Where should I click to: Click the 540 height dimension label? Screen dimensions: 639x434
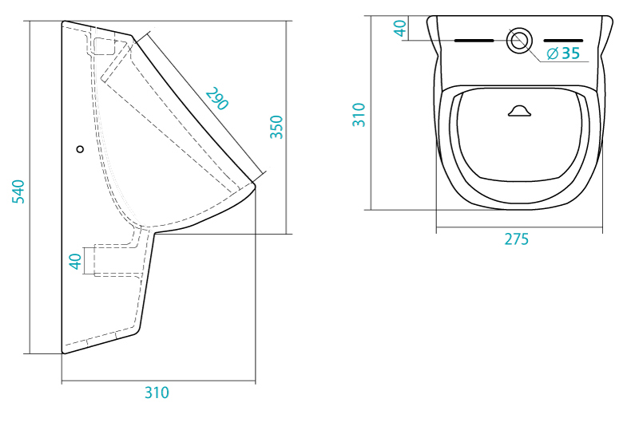(x=18, y=191)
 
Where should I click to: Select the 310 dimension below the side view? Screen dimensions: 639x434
(x=157, y=393)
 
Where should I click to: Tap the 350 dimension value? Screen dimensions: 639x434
(x=276, y=127)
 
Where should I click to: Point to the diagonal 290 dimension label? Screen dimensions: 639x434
(x=216, y=99)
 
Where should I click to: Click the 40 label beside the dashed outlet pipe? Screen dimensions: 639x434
(x=75, y=262)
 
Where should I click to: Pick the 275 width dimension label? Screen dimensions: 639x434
(x=516, y=239)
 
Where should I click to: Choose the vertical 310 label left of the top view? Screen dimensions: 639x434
(x=359, y=115)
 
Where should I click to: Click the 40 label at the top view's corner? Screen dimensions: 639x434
(x=400, y=29)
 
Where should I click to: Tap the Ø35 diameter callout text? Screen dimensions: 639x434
(x=563, y=53)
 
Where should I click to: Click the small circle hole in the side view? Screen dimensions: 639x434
(x=80, y=149)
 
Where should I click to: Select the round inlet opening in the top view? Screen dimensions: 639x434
(x=519, y=41)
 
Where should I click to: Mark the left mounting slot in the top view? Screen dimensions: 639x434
(x=474, y=41)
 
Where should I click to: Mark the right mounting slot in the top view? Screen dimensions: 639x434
(x=564, y=41)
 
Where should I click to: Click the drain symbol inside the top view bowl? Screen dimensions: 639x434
(x=520, y=111)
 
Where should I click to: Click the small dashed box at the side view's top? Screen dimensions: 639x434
(x=105, y=46)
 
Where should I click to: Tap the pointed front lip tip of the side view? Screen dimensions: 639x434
(x=255, y=185)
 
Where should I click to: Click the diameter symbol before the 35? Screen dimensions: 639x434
(x=552, y=53)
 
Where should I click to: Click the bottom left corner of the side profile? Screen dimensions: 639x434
(x=63, y=353)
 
